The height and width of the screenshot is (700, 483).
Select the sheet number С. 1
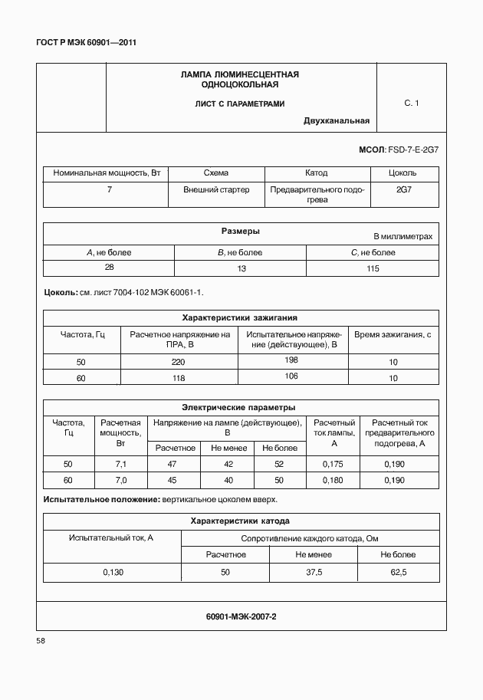[411, 103]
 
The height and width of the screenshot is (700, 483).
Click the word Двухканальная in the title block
[337, 120]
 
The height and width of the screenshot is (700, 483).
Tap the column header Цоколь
[403, 173]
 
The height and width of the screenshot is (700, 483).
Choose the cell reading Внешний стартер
[216, 189]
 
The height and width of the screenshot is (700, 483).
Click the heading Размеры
[240, 231]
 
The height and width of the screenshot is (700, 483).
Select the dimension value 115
[373, 268]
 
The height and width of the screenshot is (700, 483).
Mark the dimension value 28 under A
[109, 266]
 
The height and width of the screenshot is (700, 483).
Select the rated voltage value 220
[179, 361]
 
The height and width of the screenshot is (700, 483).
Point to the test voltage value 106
[291, 376]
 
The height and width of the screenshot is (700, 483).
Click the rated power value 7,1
[120, 464]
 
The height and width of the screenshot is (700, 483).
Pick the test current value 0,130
[112, 572]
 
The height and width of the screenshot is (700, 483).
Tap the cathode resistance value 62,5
[399, 572]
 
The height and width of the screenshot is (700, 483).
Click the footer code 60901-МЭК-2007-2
[241, 616]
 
